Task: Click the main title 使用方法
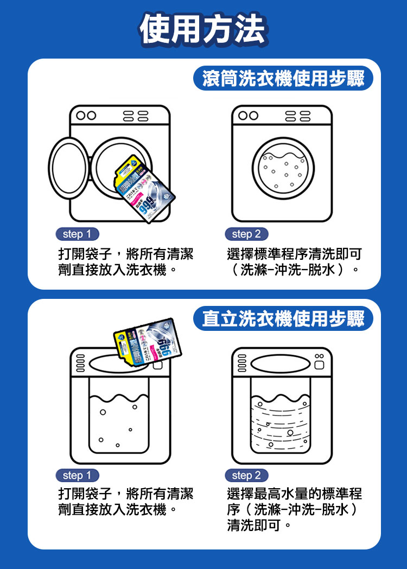click(x=203, y=28)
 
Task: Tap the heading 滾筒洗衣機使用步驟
click(x=283, y=79)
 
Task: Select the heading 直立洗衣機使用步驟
click(x=283, y=318)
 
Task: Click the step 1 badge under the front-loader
click(x=77, y=234)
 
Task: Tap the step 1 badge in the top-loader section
click(x=77, y=476)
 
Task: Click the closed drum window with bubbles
click(x=282, y=169)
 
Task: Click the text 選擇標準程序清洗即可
click(x=294, y=254)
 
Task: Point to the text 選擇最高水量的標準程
click(x=294, y=494)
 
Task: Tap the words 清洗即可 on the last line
click(x=254, y=525)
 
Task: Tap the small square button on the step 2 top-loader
click(x=319, y=367)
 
